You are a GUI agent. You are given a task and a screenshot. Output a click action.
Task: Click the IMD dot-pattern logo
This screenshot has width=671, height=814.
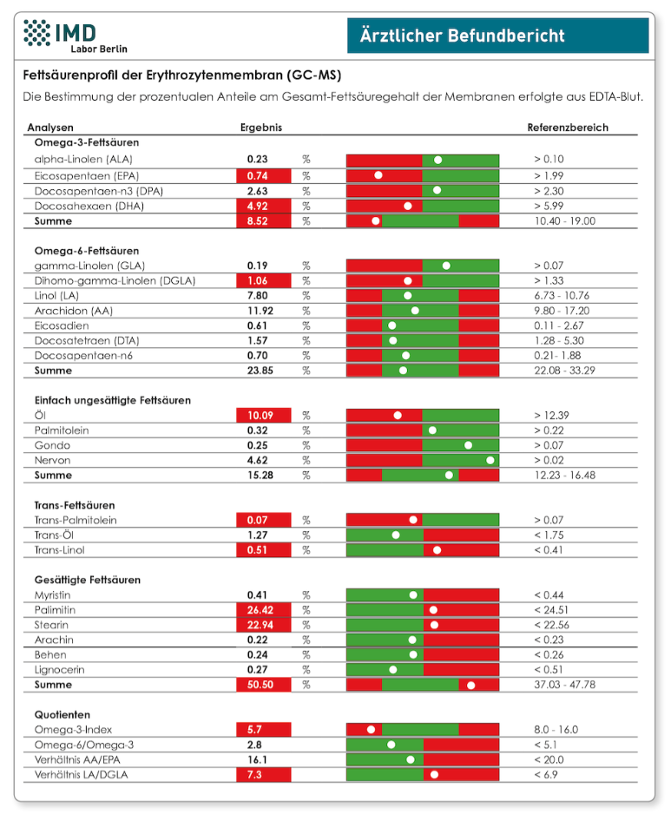(x=36, y=32)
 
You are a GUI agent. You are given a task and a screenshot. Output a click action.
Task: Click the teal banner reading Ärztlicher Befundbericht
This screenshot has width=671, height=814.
(x=497, y=36)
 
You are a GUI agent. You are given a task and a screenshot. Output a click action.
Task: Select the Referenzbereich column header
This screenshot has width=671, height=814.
(x=568, y=128)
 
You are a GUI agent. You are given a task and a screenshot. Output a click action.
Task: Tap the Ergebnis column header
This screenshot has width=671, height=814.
(x=260, y=128)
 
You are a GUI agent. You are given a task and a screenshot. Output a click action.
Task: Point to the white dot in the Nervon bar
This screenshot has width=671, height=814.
(x=490, y=460)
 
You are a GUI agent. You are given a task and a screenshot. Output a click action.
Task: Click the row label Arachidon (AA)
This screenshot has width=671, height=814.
(x=73, y=311)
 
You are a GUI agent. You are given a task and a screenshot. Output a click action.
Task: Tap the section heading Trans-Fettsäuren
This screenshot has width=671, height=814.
(x=75, y=505)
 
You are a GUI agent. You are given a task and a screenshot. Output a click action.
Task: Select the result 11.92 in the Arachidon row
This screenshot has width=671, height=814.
(x=260, y=311)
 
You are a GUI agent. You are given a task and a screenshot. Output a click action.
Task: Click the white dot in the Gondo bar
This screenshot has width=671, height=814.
(x=468, y=445)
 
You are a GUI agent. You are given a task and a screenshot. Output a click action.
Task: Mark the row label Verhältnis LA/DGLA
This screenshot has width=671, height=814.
(x=81, y=775)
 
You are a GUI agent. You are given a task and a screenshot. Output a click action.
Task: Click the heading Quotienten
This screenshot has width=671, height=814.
(x=62, y=715)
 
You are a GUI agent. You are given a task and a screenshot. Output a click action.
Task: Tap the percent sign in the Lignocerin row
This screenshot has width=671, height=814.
(x=306, y=670)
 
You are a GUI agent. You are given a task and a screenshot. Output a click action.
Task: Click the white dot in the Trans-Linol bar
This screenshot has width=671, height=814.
(x=437, y=550)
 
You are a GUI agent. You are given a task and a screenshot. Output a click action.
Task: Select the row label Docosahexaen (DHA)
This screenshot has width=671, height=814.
(x=89, y=206)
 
